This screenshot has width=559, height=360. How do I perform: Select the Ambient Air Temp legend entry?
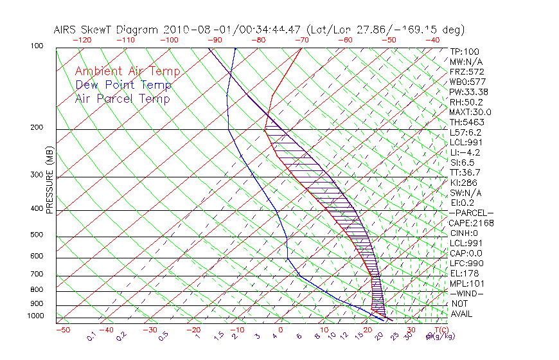click(127, 71)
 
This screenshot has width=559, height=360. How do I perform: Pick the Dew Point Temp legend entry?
click(123, 85)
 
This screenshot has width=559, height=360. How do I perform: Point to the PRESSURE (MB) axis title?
click(49, 180)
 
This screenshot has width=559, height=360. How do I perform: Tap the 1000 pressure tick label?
click(36, 316)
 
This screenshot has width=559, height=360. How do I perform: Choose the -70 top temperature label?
click(301, 40)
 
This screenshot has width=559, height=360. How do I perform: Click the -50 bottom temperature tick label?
click(62, 330)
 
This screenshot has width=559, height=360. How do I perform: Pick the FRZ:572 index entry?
click(466, 71)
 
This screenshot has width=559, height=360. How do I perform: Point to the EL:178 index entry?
click(463, 273)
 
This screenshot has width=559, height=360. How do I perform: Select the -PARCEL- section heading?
click(471, 213)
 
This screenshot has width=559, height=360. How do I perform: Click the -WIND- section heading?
click(466, 293)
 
